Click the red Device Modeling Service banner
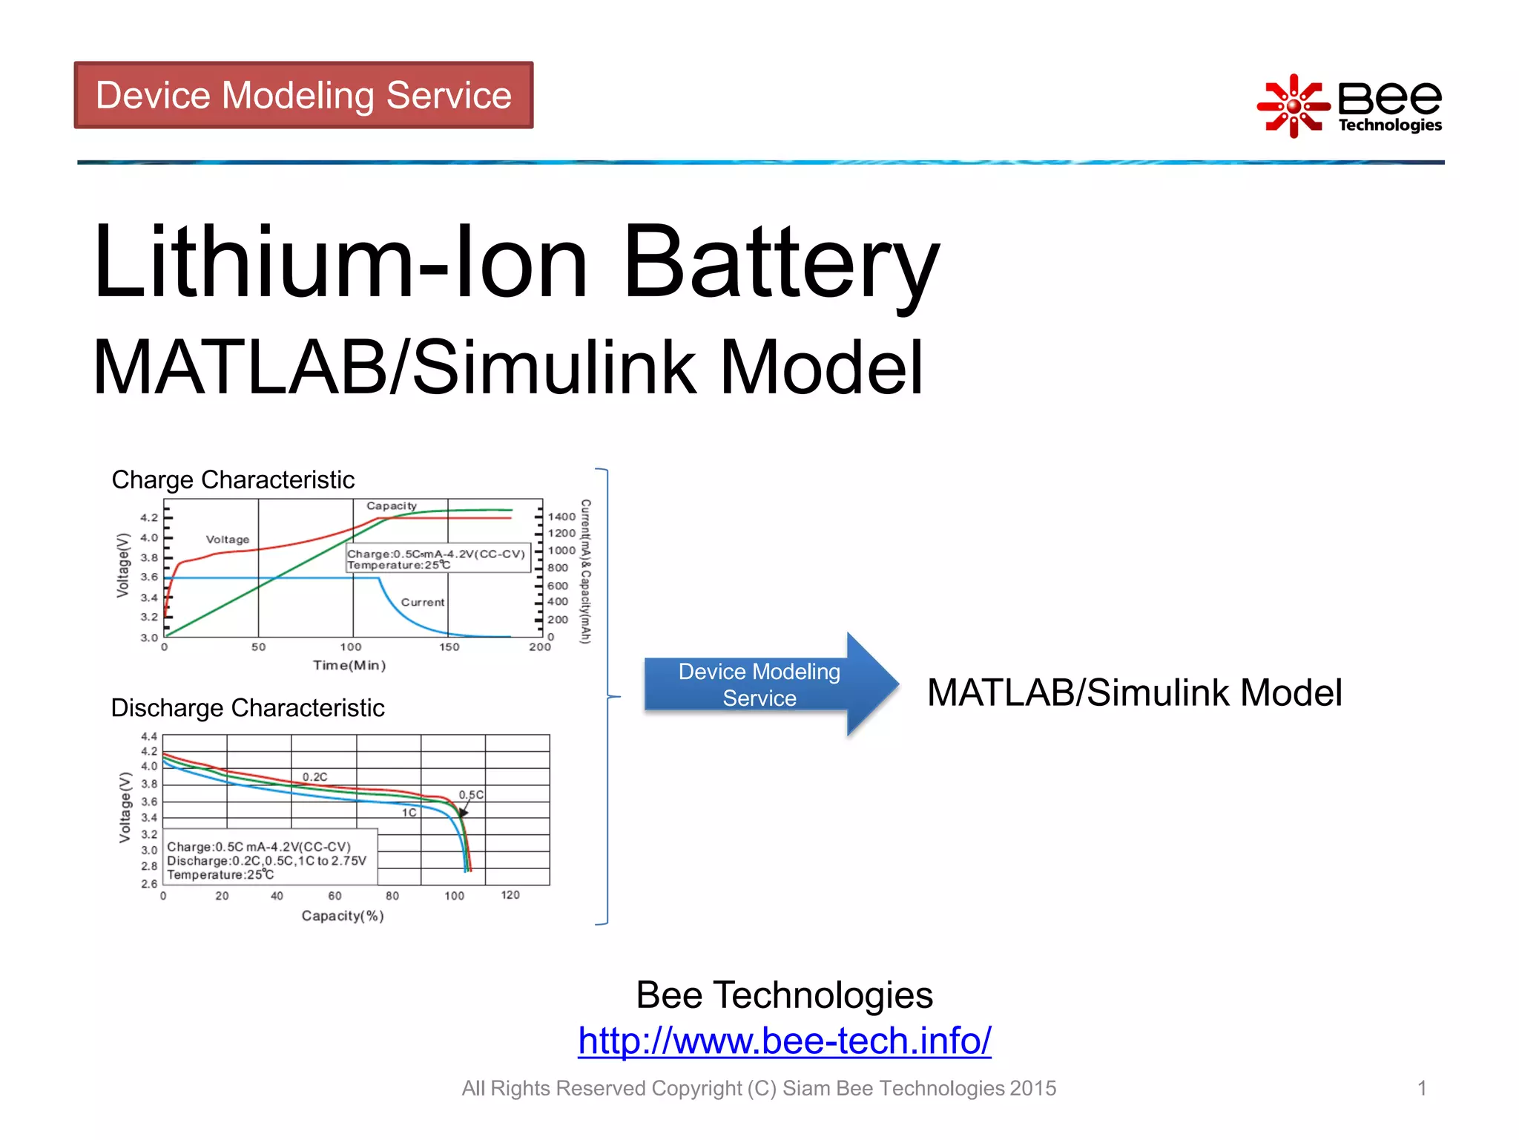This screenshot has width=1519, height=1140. point(303,95)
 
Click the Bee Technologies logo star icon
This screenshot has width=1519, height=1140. point(1293,106)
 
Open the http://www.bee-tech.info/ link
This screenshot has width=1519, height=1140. point(784,1041)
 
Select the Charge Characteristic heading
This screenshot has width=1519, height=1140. point(233,479)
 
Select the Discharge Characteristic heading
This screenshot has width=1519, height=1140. point(247,707)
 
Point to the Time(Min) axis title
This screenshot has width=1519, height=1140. point(349,665)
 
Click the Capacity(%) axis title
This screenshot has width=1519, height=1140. point(342,916)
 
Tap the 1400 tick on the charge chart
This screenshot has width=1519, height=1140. point(561,517)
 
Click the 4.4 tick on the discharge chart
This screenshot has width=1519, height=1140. point(149,736)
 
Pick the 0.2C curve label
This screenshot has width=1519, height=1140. point(314,776)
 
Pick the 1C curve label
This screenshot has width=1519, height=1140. point(409,813)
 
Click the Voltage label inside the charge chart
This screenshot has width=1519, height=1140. point(228,540)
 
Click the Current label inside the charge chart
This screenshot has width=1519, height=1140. point(423,602)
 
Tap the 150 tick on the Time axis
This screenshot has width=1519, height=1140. point(449,647)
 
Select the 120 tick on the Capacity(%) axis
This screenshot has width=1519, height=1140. point(510,895)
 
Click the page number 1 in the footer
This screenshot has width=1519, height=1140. point(1422,1088)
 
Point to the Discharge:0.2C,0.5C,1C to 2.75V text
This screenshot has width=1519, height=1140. point(266,861)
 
